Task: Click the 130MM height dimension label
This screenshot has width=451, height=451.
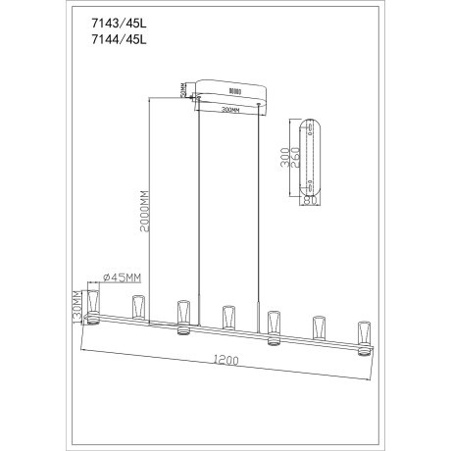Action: point(78,306)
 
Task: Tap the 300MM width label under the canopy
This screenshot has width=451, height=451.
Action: point(233,111)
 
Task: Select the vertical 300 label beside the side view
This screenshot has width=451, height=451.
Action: point(284,157)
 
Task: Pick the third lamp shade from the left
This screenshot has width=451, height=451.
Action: point(182,317)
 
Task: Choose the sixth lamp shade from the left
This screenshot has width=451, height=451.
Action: point(318,326)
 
